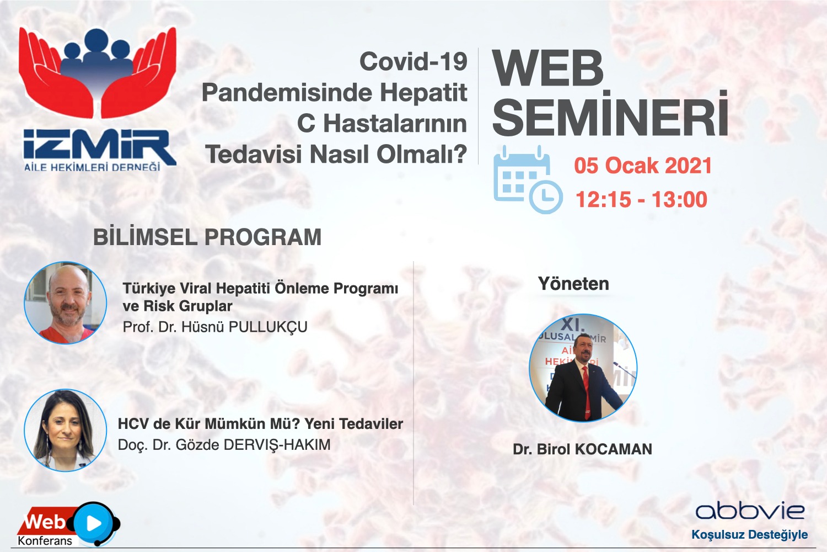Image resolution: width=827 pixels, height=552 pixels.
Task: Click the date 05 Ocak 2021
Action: [x=643, y=165]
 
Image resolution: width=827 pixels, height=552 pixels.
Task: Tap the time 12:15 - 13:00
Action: [x=642, y=200]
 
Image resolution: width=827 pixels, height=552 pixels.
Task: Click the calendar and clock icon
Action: [x=528, y=180]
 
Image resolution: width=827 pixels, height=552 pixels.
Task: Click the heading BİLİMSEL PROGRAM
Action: [x=207, y=237]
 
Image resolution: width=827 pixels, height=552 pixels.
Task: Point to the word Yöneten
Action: [x=573, y=284]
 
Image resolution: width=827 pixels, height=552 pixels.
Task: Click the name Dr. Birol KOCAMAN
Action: [x=582, y=449]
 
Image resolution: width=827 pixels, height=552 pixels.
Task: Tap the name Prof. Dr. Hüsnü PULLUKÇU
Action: [x=215, y=327]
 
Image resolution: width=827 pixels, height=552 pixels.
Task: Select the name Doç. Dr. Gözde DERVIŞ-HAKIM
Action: [x=224, y=445]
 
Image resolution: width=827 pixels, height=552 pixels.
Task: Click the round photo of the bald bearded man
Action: [x=66, y=303]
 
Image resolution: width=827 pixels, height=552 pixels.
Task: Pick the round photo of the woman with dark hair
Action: [x=66, y=430]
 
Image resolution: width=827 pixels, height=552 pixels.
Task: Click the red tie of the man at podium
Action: [x=586, y=392]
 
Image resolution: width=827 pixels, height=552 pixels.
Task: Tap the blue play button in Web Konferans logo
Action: [x=94, y=523]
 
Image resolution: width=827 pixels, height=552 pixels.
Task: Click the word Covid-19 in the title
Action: [x=413, y=61]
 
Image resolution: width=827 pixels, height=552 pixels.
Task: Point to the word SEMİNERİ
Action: [x=610, y=114]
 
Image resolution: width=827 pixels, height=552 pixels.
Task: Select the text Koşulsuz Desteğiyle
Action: [x=749, y=535]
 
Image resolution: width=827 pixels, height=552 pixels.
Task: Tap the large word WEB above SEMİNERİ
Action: [x=547, y=68]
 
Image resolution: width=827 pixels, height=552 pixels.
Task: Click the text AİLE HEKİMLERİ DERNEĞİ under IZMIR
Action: [x=92, y=167]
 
